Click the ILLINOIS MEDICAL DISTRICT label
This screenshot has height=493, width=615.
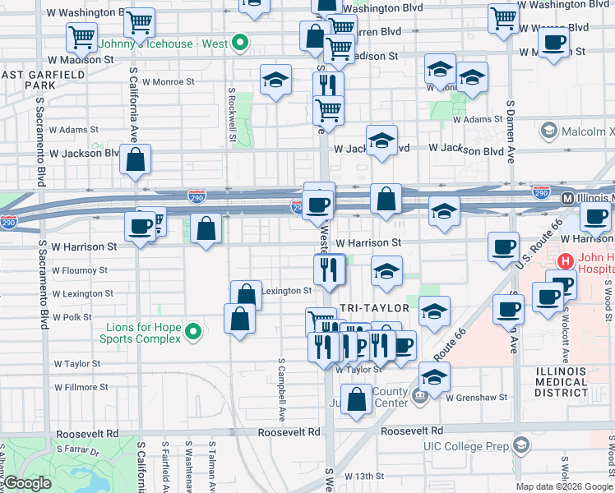coord(561,382)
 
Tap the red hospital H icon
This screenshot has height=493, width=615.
coord(565,261)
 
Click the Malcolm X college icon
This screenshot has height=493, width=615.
coord(548,131)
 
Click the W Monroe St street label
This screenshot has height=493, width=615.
coord(168,82)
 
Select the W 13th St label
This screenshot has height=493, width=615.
coord(364,476)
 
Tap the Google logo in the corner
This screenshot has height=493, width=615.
coord(26,484)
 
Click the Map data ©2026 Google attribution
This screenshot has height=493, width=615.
coord(563,486)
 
